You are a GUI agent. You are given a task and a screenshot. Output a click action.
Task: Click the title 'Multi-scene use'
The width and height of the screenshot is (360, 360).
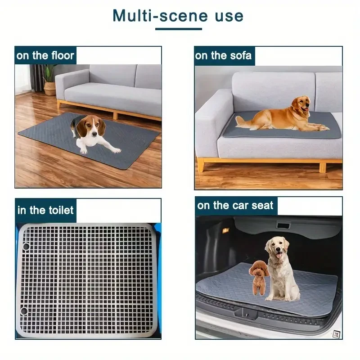[178, 16]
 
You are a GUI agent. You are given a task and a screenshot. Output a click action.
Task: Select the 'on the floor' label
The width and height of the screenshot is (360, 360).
[45, 56]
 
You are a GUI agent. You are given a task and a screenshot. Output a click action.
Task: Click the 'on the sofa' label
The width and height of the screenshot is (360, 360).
[224, 56]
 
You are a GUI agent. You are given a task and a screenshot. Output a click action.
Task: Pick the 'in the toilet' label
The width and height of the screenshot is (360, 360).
[45, 210]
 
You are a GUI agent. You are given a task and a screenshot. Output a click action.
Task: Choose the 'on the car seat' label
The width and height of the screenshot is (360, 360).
[235, 206]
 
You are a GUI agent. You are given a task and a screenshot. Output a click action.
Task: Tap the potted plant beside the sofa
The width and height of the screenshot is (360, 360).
[49, 80]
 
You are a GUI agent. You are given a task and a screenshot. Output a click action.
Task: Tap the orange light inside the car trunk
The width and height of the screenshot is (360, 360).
[226, 230]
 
